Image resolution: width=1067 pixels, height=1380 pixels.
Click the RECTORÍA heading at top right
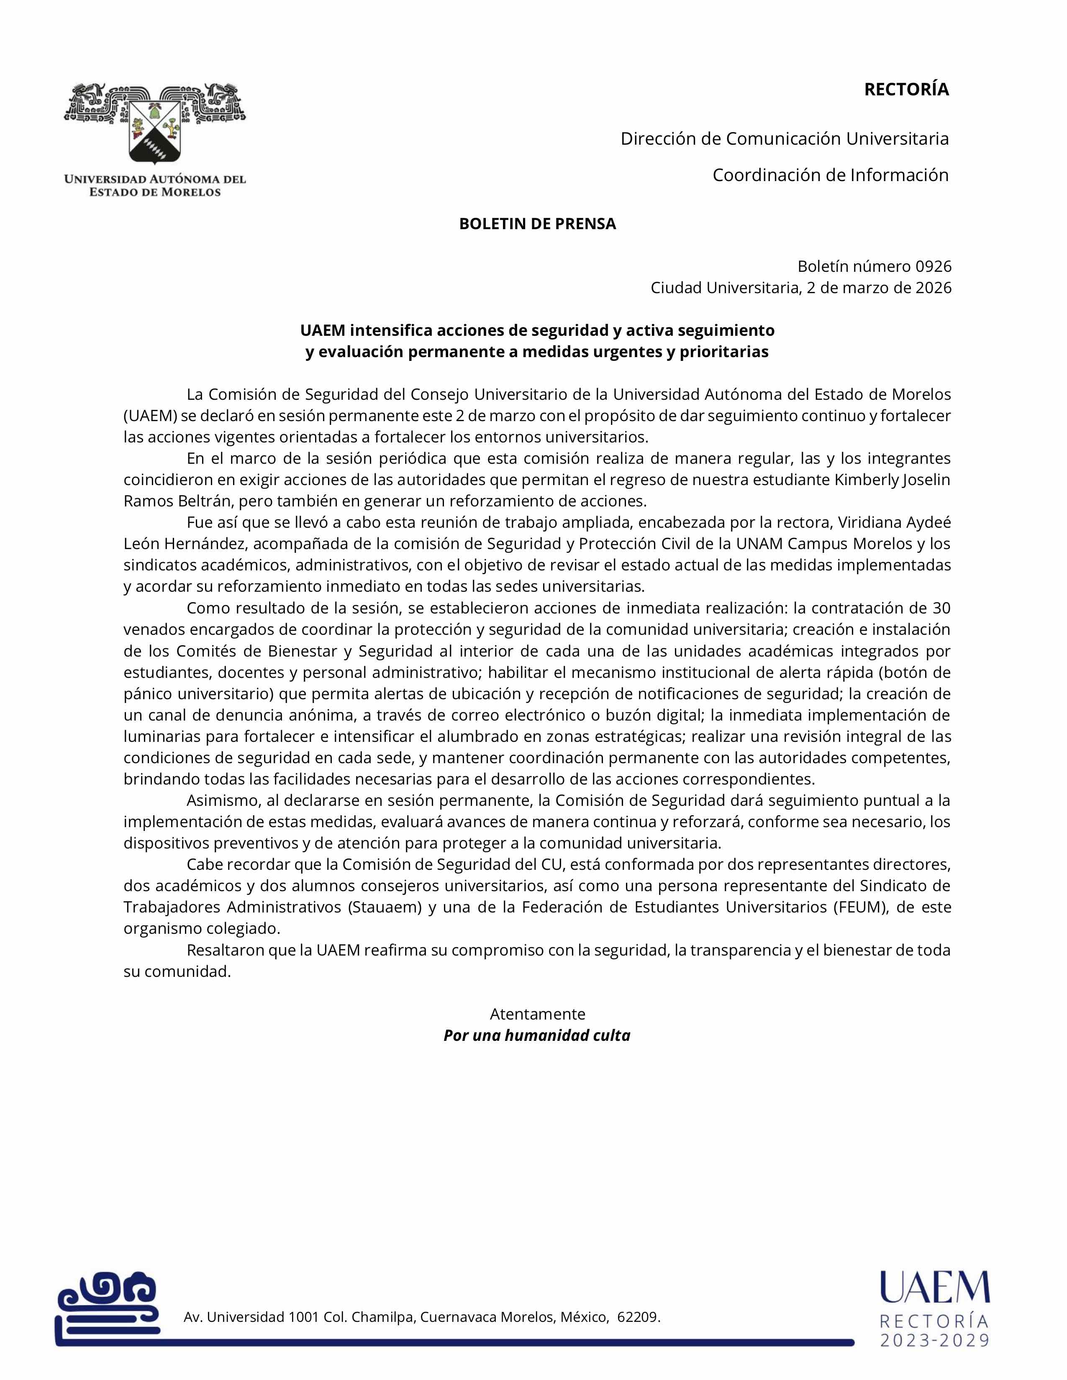pos(906,90)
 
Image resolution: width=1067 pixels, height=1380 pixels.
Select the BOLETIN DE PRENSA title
pos(537,224)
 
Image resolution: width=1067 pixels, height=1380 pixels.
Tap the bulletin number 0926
pos(933,266)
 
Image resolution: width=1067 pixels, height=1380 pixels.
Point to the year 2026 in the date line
pos(933,288)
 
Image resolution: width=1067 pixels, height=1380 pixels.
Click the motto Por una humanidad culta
pos(537,1036)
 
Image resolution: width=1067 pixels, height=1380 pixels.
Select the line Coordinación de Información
pos(830,175)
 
